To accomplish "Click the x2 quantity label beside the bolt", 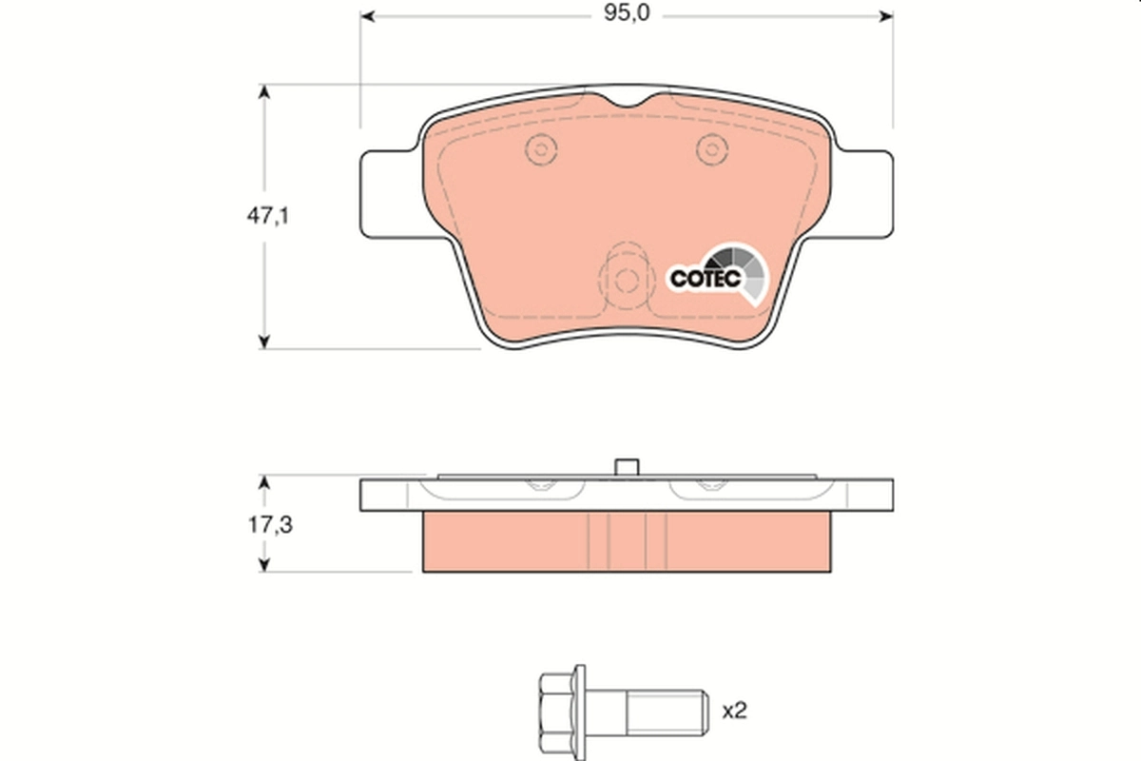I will point(735,710).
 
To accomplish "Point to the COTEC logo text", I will point(706,279).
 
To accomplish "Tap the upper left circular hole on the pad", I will point(541,148).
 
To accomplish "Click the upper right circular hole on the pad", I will point(710,148).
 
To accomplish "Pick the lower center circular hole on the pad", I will point(626,281).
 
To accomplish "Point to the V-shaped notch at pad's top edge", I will point(627,103).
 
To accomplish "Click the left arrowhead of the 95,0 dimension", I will point(368,16).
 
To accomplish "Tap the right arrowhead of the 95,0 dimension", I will point(885,16).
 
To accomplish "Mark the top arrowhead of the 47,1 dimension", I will point(266,91).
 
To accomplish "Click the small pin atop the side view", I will point(626,467).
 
